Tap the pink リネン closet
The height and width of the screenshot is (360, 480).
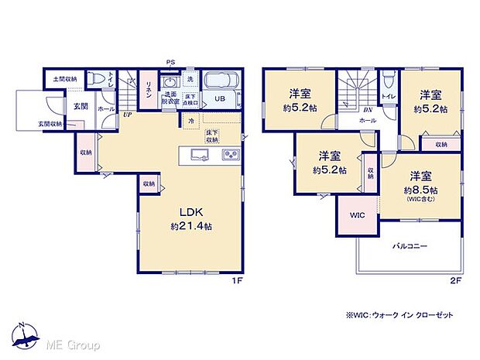pos(147,84)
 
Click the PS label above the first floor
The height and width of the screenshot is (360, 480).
pos(170,63)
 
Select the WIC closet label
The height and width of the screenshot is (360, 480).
pos(357,214)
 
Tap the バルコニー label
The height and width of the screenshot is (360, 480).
pos(409,246)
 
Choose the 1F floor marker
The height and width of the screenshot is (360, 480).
pos(238,280)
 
